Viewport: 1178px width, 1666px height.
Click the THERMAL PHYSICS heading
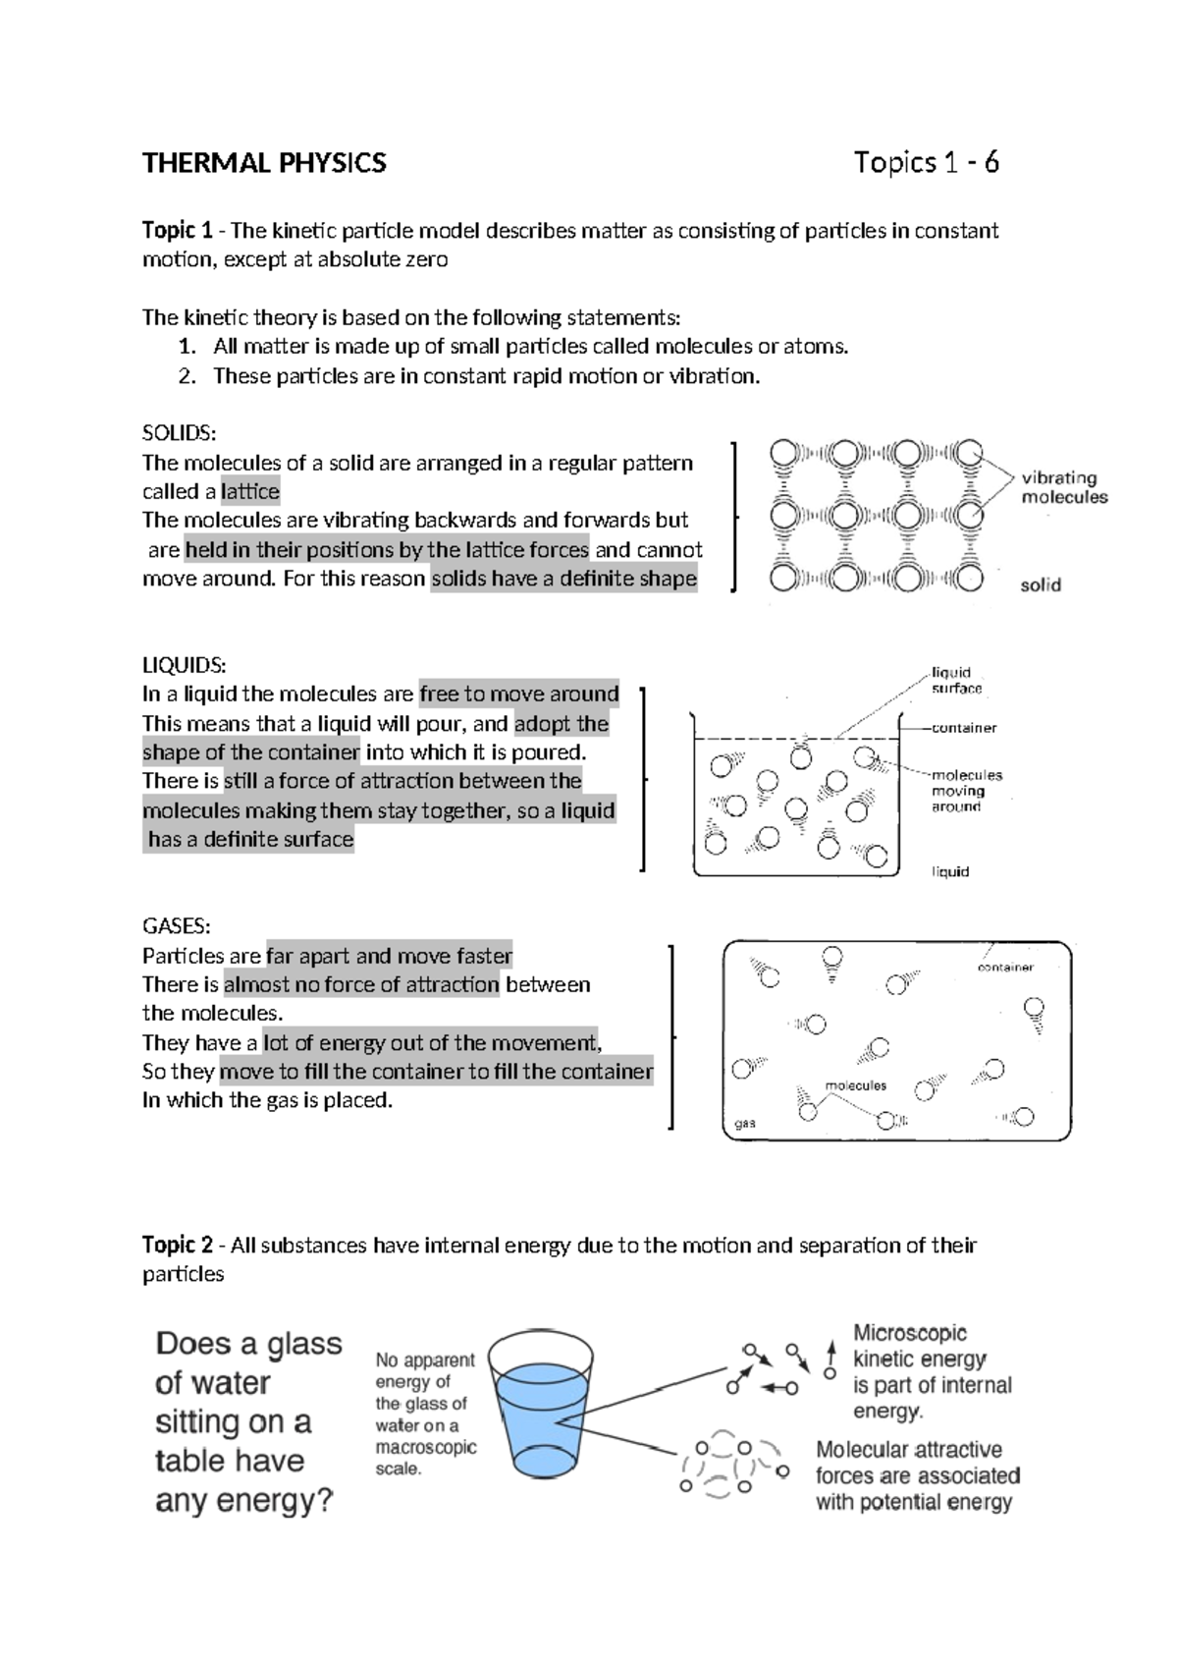264,163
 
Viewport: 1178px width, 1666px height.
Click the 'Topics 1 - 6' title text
926,162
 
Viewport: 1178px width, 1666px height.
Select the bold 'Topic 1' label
177,231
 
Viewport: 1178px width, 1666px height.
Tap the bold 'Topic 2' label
177,1246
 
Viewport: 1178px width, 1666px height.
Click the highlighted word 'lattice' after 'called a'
250,491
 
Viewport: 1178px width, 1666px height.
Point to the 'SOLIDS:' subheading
179,433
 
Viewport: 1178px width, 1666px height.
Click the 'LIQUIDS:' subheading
184,665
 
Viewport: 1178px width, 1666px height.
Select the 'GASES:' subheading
176,926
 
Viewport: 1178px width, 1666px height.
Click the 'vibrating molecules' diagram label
1063,487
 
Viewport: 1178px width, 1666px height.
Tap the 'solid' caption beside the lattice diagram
1041,585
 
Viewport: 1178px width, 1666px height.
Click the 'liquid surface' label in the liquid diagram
956,681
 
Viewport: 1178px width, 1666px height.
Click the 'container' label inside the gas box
1005,967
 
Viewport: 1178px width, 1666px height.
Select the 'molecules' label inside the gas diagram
855,1085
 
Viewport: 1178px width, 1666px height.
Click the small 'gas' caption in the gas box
745,1123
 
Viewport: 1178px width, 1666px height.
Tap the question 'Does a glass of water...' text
248,1421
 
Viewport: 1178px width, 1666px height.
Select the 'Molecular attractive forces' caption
917,1475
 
